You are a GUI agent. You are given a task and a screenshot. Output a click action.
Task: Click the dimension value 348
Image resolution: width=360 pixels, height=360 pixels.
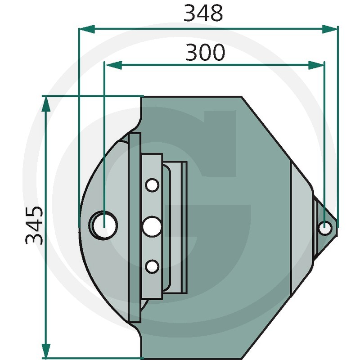(x=203, y=13)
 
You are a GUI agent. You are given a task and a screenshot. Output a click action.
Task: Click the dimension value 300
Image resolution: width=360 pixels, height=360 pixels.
(x=205, y=52)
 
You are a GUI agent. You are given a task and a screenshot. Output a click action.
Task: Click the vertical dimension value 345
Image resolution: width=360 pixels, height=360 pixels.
(x=35, y=226)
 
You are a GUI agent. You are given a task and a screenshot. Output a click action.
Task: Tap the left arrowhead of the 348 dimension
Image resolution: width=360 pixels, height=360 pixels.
(x=87, y=29)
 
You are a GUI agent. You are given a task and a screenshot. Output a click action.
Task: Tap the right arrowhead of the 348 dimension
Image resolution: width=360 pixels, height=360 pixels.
(x=330, y=29)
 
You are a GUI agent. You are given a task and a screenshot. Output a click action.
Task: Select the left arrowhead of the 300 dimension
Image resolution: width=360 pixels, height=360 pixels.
(x=114, y=65)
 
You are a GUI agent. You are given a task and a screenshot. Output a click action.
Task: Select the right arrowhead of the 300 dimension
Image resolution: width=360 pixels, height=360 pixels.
(x=316, y=65)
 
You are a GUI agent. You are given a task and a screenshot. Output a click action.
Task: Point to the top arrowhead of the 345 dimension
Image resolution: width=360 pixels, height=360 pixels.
(x=46, y=104)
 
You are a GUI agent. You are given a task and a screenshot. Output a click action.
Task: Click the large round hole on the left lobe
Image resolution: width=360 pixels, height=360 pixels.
(x=104, y=225)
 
